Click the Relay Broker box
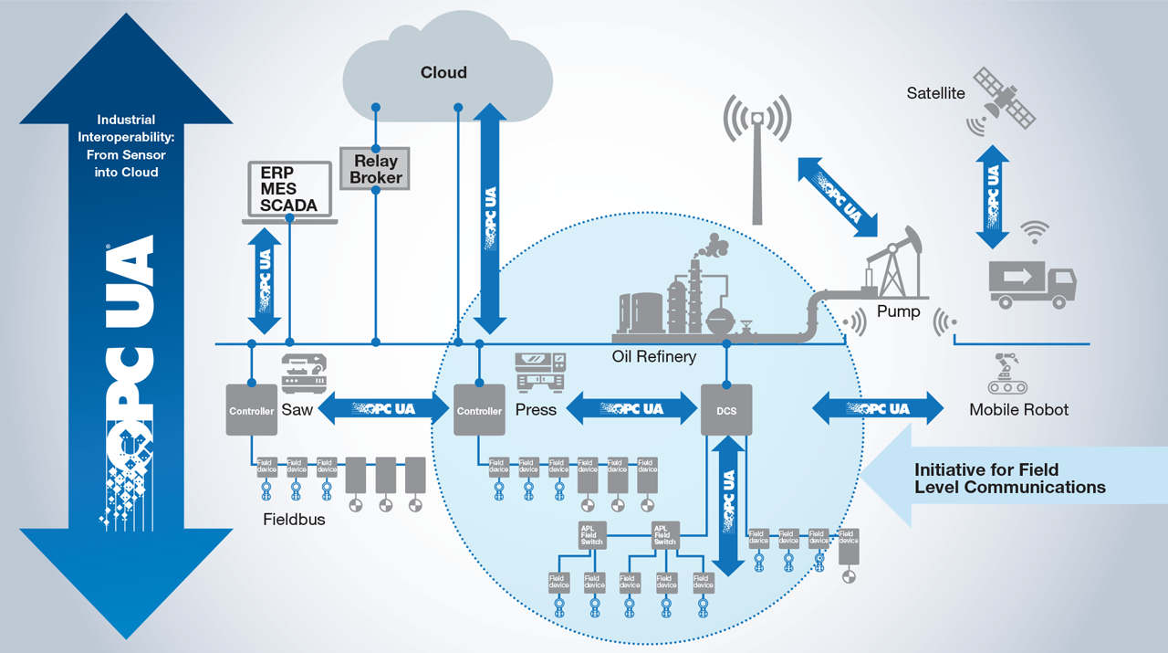point(376,168)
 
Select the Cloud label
point(443,73)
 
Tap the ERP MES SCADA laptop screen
point(288,189)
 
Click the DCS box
point(726,411)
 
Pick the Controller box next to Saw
point(252,410)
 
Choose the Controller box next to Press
point(479,410)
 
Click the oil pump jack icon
point(894,265)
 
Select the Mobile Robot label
point(1018,410)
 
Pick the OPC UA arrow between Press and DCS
point(631,408)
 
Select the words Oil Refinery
point(653,356)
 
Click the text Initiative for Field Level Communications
point(1009,479)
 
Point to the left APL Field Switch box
point(592,534)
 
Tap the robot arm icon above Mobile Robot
point(1004,374)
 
